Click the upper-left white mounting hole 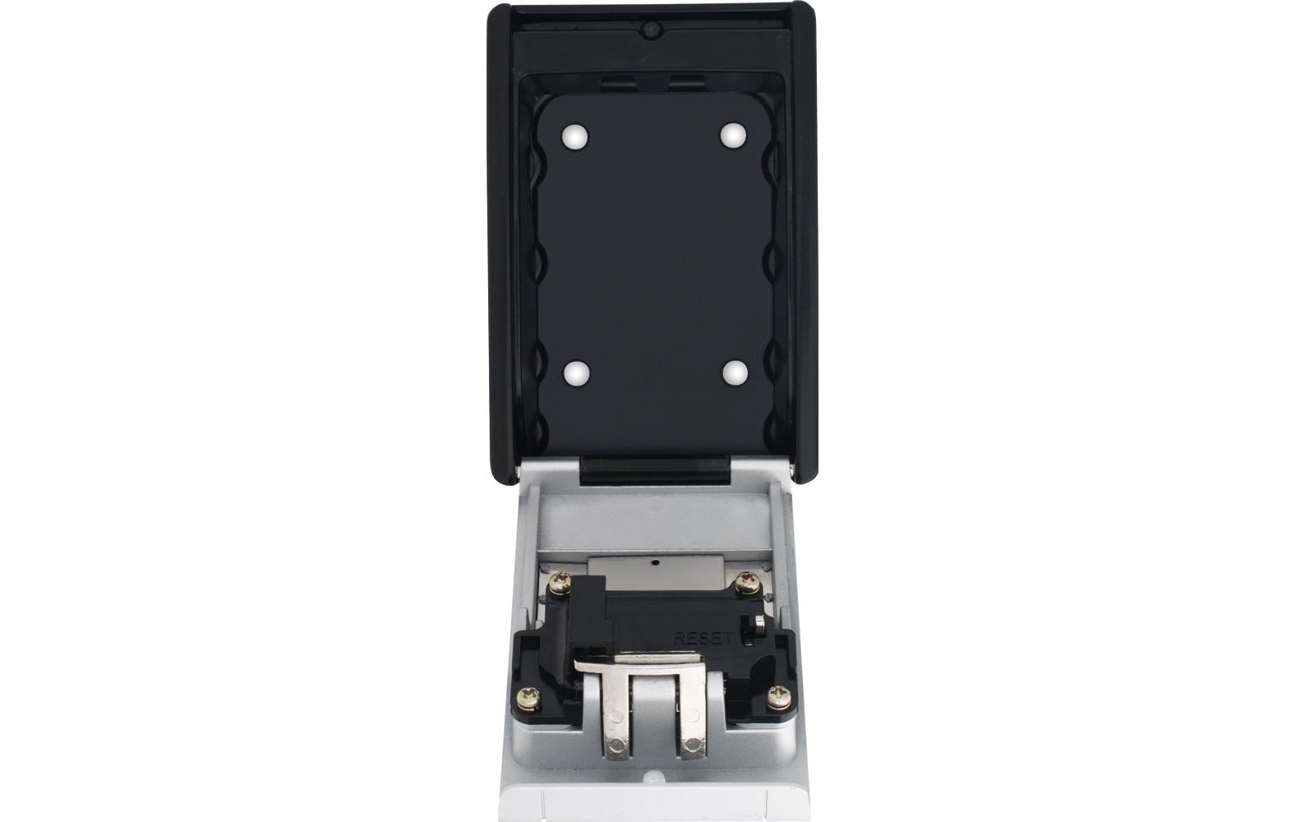[575, 137]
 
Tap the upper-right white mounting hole [733, 135]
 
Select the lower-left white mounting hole [578, 373]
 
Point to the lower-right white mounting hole [736, 372]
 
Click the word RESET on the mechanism [703, 638]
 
